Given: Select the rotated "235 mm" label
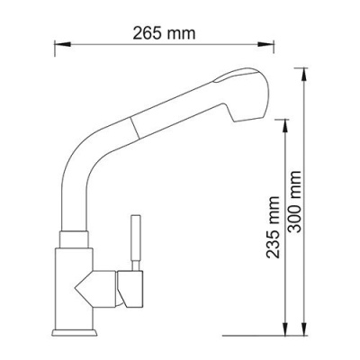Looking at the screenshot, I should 271,229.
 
